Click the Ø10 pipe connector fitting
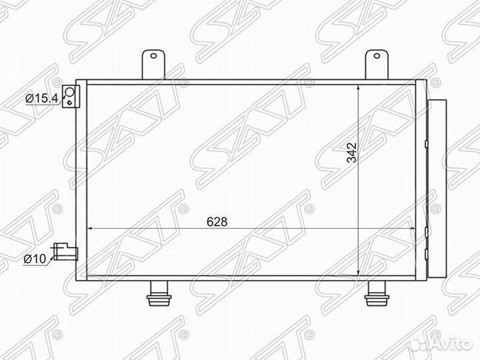(68, 251)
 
